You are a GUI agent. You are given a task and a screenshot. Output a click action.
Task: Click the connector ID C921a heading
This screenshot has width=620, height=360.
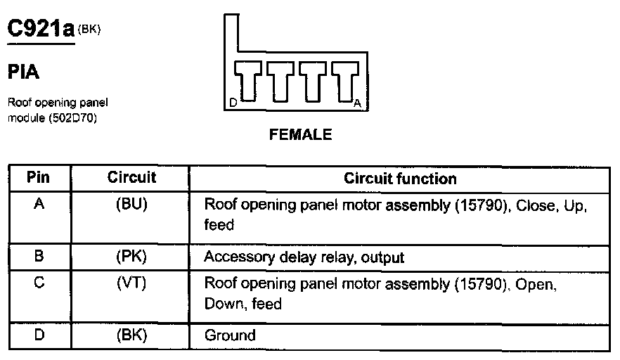click(41, 29)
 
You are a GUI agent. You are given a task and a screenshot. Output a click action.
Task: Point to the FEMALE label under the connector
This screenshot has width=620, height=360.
click(300, 135)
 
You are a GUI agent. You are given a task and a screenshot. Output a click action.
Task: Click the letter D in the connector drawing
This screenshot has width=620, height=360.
click(233, 103)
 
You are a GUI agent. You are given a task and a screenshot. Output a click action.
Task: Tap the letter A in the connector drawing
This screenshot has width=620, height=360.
click(357, 103)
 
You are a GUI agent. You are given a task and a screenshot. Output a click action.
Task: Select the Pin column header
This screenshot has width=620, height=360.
click(38, 178)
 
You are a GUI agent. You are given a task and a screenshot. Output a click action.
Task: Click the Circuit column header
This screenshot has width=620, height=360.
click(131, 178)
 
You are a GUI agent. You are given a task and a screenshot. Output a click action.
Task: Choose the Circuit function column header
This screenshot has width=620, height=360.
click(400, 179)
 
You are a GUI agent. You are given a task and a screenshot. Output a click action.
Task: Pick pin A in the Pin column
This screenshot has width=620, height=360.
click(39, 205)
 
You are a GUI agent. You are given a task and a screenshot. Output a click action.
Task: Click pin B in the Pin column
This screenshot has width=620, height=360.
click(39, 257)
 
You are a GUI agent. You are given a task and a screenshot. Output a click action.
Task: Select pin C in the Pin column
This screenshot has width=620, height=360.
click(39, 284)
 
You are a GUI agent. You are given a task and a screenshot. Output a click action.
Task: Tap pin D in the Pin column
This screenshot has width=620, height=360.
click(39, 335)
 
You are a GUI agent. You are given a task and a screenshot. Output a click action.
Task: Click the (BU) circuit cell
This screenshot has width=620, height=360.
click(131, 205)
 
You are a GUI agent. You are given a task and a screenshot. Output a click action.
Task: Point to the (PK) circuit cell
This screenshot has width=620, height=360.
click(131, 257)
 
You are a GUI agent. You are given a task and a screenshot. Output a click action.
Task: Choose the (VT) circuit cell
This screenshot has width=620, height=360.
click(131, 284)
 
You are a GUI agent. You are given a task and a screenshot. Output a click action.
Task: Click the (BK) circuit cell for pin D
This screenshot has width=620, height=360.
click(131, 335)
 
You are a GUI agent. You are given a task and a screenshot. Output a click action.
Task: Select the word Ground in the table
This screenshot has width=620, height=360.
click(230, 335)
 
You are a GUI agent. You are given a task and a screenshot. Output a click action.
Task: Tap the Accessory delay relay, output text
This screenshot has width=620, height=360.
click(304, 257)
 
